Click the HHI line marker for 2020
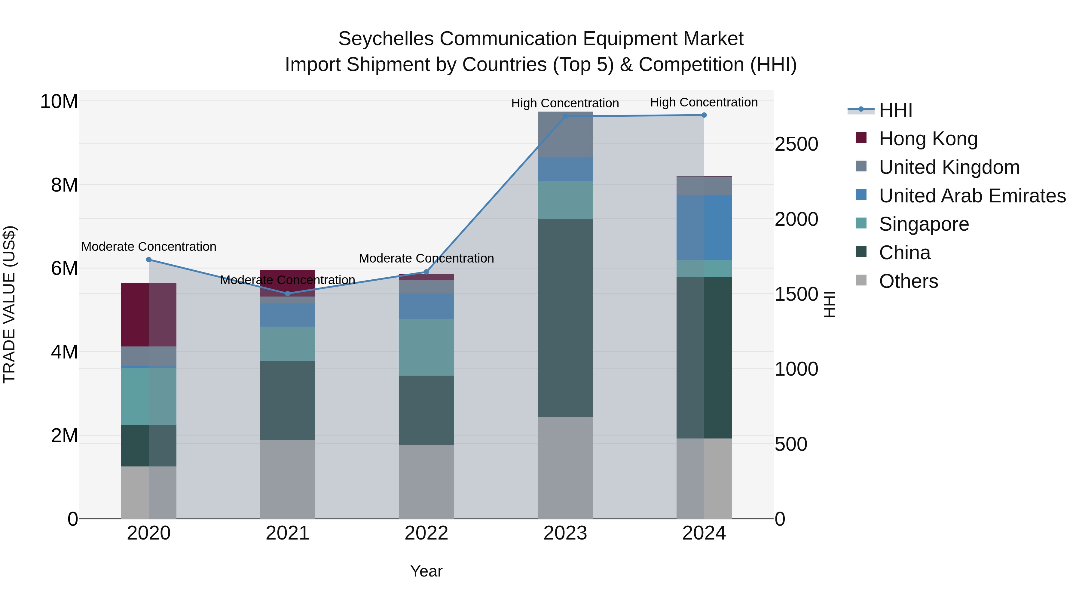coord(149,260)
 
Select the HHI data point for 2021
coord(288,293)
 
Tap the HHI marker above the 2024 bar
coord(704,115)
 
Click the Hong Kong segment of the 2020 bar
coord(149,314)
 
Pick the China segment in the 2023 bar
coord(565,318)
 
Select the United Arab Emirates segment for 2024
coord(704,227)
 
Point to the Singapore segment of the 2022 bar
coord(426,347)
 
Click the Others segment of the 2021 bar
coord(288,479)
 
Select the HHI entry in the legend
coord(895,110)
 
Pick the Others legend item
coord(908,281)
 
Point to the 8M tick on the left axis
coord(64,185)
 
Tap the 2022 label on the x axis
coord(426,533)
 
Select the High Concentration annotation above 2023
coord(565,103)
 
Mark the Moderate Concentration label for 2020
coord(149,247)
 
